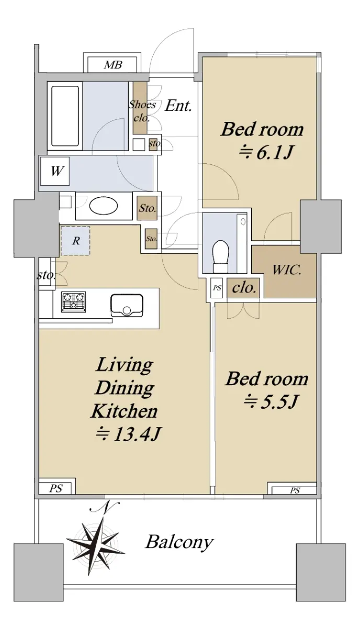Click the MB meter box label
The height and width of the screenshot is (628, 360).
[113, 65]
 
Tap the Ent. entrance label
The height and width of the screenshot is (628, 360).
[178, 106]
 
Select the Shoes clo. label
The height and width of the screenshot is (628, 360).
[142, 111]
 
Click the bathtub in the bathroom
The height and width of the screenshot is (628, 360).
[65, 116]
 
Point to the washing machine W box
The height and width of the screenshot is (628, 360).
[55, 171]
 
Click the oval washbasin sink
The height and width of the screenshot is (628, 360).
[104, 206]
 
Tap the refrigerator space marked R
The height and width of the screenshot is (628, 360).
[75, 241]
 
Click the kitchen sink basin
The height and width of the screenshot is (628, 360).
[127, 305]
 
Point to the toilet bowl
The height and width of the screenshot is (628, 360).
[221, 256]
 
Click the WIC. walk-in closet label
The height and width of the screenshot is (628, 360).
[287, 270]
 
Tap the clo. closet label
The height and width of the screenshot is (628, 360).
[244, 288]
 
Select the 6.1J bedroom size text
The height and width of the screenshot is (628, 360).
[266, 153]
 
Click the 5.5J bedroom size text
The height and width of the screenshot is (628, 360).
[270, 402]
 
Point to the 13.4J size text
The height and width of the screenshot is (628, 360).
[128, 434]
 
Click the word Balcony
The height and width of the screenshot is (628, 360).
[179, 542]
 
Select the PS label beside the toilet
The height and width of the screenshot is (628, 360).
[217, 288]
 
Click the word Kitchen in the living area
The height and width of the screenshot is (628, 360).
[124, 411]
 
